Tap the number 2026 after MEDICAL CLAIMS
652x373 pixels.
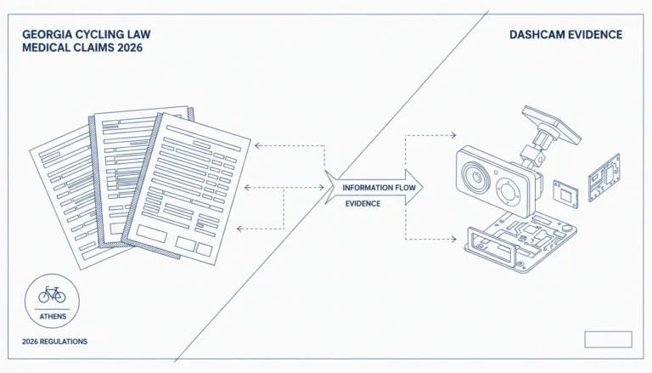pyautogui.click(x=130, y=48)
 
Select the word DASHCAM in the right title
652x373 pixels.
pyautogui.click(x=535, y=35)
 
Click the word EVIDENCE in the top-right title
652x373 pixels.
pyautogui.click(x=593, y=35)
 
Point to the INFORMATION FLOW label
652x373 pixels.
pyautogui.click(x=379, y=188)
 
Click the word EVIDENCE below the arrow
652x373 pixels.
pyautogui.click(x=363, y=204)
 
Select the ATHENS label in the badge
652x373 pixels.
pyautogui.click(x=53, y=316)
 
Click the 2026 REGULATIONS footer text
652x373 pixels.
pyautogui.click(x=54, y=342)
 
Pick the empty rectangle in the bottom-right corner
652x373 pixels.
pyautogui.click(x=608, y=339)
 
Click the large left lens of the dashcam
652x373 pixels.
pyautogui.click(x=476, y=177)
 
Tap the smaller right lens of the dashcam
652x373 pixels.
pyautogui.click(x=509, y=192)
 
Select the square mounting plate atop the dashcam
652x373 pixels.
pyautogui.click(x=551, y=124)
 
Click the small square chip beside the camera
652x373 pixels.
pyautogui.click(x=565, y=194)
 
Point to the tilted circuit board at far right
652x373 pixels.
pyautogui.click(x=604, y=178)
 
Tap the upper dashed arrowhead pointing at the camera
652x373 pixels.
pyautogui.click(x=453, y=135)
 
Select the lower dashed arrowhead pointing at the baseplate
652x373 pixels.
pyautogui.click(x=453, y=239)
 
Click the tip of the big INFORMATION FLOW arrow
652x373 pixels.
pyautogui.click(x=423, y=187)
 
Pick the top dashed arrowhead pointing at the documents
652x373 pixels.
pyautogui.click(x=257, y=145)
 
